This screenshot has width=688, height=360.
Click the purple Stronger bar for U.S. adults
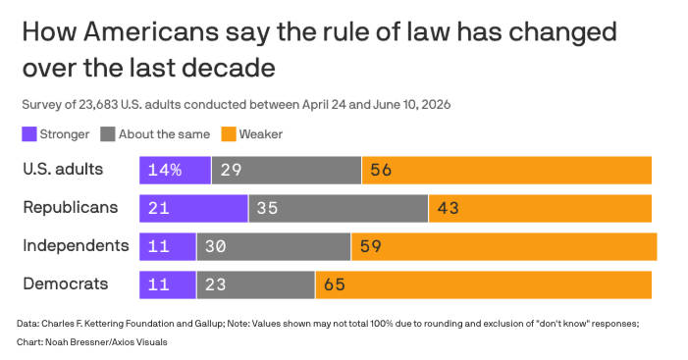[x=175, y=170]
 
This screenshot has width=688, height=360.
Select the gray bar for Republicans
[x=339, y=208]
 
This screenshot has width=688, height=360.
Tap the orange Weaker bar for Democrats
[x=484, y=285]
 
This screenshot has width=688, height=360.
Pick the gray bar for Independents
[x=274, y=246]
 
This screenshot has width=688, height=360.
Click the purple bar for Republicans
[x=193, y=208]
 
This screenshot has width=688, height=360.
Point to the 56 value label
[x=381, y=170]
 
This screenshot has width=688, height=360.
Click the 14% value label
[x=165, y=170]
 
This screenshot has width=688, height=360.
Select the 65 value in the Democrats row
[x=335, y=285]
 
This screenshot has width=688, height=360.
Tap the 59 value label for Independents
[x=370, y=246]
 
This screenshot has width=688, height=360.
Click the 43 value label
[x=448, y=208]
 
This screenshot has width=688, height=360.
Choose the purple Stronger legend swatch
[x=29, y=134]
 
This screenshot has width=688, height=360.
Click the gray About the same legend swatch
[x=108, y=134]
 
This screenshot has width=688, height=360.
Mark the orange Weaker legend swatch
[x=229, y=134]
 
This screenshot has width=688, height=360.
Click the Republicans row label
[x=71, y=207]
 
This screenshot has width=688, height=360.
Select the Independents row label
[x=76, y=245]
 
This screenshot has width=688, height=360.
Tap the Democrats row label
[x=66, y=283]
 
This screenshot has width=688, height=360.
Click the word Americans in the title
[x=151, y=32]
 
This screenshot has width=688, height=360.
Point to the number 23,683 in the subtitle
[x=98, y=105]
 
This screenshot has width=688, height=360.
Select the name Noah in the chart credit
[x=55, y=342]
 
